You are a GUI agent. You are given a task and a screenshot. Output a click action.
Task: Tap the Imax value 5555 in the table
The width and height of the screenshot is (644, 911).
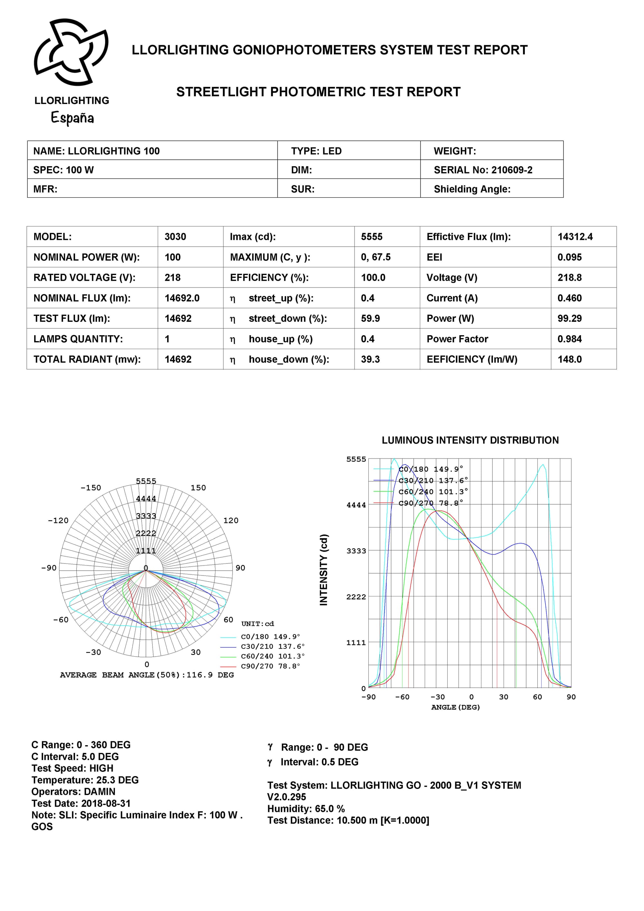click(371, 237)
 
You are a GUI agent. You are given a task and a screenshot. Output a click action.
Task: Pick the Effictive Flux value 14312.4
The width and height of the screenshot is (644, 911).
click(575, 237)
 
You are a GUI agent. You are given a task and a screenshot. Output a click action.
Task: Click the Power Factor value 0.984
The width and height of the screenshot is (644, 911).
click(569, 339)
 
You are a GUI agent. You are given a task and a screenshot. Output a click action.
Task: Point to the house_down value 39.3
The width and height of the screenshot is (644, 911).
click(370, 359)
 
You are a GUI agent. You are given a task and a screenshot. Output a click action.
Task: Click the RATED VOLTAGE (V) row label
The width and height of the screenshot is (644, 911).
click(84, 278)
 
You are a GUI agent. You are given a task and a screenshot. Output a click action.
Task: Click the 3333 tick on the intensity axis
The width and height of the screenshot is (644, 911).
click(356, 551)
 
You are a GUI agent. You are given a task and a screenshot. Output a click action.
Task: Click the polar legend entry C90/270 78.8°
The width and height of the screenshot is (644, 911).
click(270, 666)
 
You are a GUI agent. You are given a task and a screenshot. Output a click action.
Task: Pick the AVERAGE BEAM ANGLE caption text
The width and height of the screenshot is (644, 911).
click(147, 675)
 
